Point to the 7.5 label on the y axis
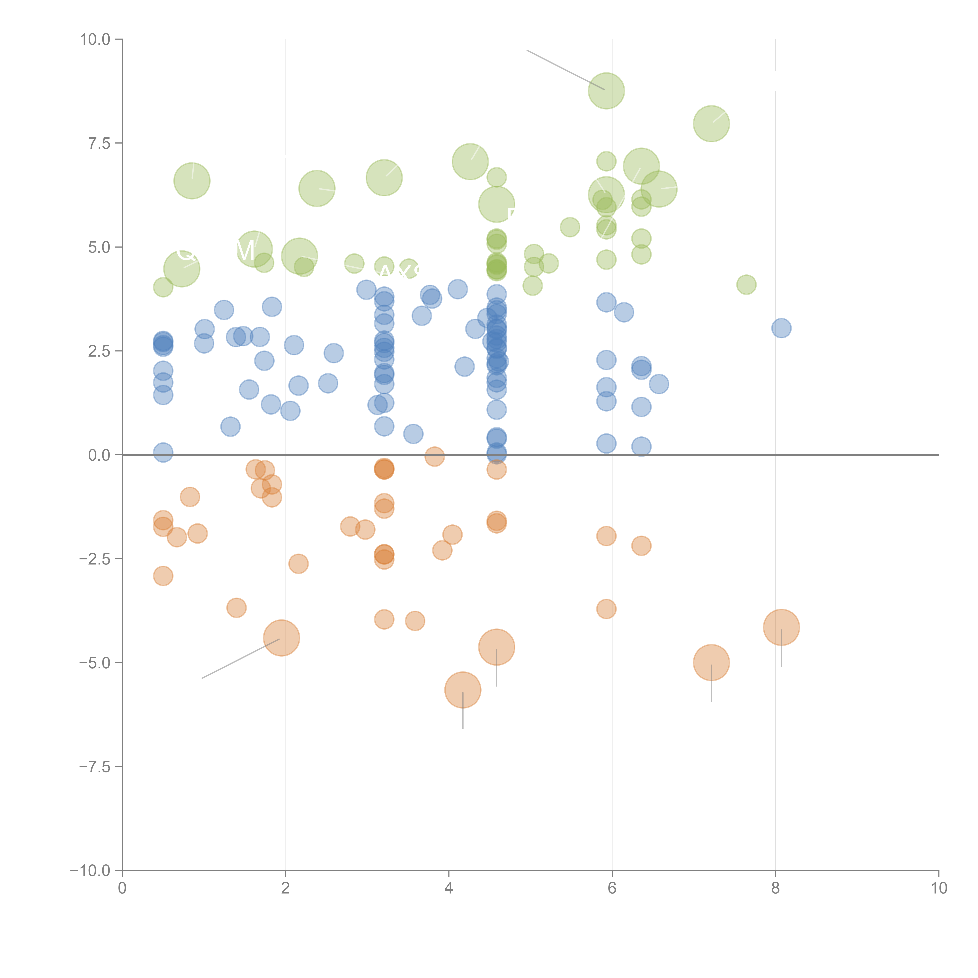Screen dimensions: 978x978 [99, 143]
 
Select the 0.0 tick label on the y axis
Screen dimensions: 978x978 [99, 455]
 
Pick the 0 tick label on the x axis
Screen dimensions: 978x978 [122, 888]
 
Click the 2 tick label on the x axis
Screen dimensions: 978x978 [286, 888]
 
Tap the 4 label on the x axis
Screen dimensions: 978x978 [449, 888]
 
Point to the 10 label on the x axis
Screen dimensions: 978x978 [938, 888]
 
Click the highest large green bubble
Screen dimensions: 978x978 [606, 91]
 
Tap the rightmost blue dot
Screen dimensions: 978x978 [781, 328]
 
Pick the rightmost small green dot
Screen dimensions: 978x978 [746, 284]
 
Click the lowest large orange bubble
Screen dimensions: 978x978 [463, 690]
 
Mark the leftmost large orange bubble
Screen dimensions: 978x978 [281, 638]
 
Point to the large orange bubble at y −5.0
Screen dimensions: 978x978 [711, 663]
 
